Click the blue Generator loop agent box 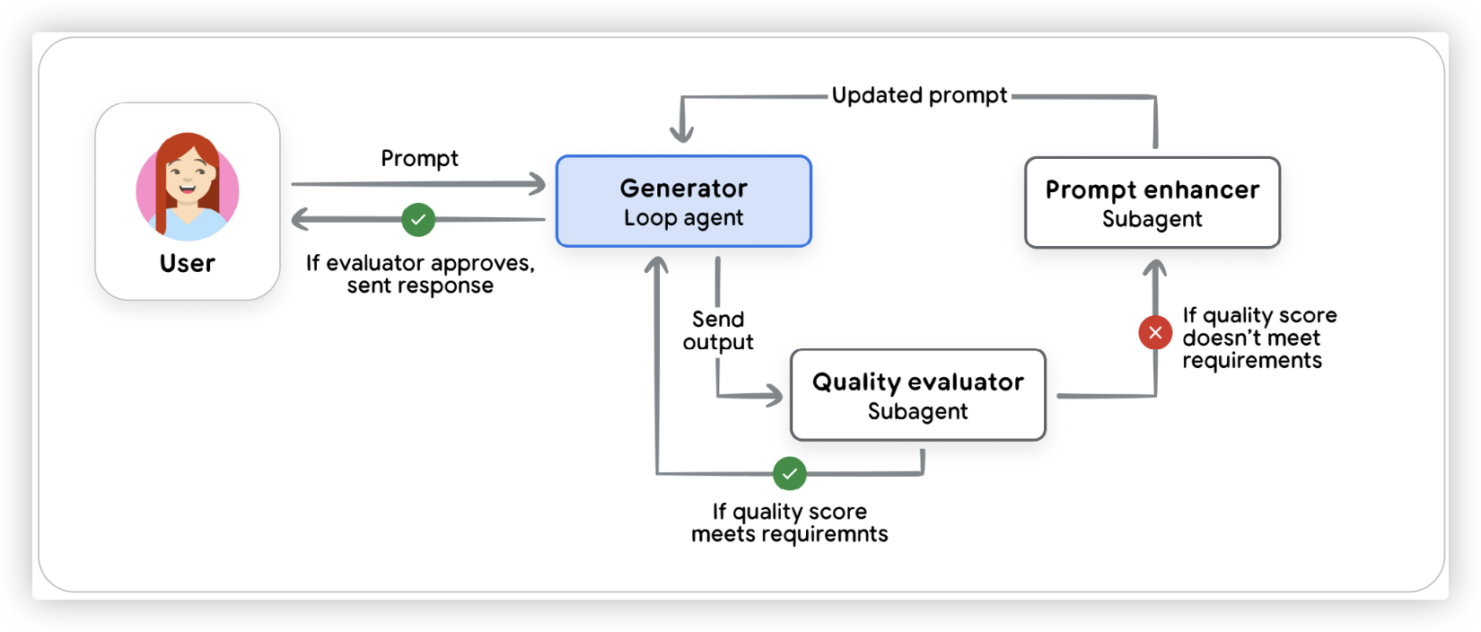pos(683,201)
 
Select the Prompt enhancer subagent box pos(1152,203)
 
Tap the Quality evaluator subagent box pos(917,395)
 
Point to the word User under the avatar pos(188,263)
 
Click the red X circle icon pos(1155,333)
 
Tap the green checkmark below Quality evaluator pos(790,473)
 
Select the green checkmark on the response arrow pos(418,220)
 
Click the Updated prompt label pos(919,95)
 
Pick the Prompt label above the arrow pos(419,159)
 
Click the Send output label pos(718,330)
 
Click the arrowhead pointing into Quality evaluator pos(775,395)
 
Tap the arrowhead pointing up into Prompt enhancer pos(1155,268)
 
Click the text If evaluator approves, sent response pos(420,274)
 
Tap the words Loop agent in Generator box pos(683,218)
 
